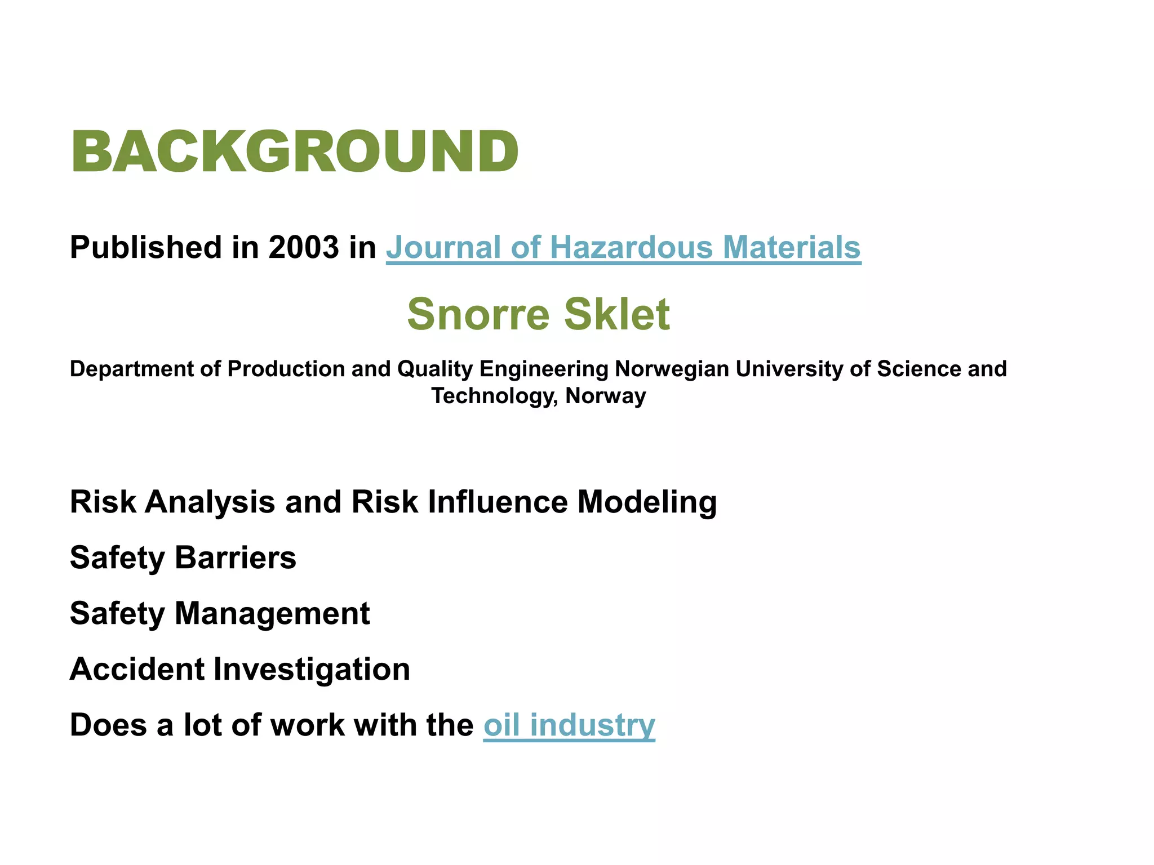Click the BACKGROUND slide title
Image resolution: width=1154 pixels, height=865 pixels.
(294, 151)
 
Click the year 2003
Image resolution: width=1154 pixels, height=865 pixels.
(304, 247)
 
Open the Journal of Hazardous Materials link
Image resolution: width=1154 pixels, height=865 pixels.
(623, 248)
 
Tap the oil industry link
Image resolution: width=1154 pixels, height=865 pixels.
(569, 725)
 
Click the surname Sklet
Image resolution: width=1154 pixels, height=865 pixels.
(617, 314)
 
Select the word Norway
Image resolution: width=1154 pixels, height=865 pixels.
(606, 395)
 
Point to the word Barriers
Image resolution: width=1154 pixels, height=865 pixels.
(235, 558)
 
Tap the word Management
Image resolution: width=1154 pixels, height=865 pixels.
(272, 613)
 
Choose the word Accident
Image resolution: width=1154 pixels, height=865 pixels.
(137, 669)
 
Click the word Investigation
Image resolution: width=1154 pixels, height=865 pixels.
(312, 669)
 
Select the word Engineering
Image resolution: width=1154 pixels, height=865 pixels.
(544, 369)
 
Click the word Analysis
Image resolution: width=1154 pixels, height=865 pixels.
(210, 502)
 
